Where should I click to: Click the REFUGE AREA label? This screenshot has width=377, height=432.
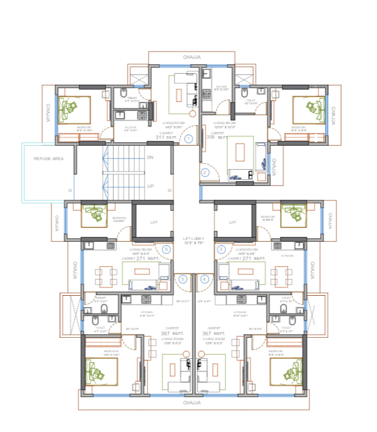(48, 158)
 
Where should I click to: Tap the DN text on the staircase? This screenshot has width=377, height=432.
(150, 158)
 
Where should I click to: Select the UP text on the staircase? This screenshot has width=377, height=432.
(150, 186)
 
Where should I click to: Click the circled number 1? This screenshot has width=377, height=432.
(188, 139)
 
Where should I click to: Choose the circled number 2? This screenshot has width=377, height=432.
(205, 173)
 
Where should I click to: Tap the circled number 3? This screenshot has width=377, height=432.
(221, 249)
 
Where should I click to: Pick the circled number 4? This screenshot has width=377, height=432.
(205, 279)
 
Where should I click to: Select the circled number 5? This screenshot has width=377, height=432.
(183, 279)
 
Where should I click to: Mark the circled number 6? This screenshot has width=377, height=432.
(166, 249)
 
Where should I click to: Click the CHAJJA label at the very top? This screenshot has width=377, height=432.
(192, 57)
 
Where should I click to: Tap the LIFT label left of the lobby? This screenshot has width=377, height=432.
(154, 223)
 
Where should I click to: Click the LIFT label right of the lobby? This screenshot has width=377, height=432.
(233, 223)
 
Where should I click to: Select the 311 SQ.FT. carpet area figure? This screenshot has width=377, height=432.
(165, 137)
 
